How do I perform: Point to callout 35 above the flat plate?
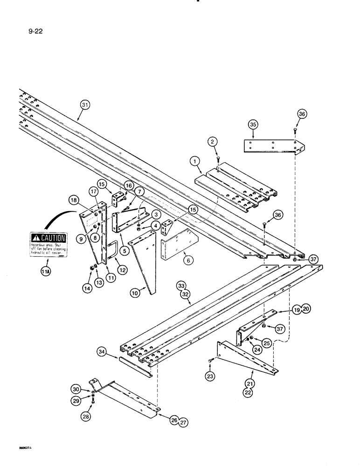253,125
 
